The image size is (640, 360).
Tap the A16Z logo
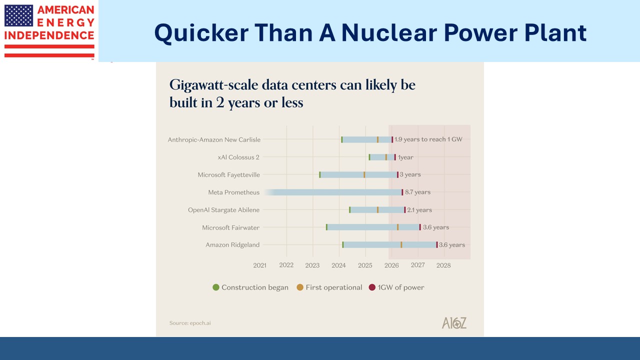(x=454, y=323)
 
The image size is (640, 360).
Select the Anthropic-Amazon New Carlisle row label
(x=214, y=140)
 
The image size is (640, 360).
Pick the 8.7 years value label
(x=417, y=192)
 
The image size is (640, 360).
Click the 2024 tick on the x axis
(x=338, y=265)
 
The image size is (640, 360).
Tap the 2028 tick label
(x=443, y=265)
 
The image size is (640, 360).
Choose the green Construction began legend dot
(x=216, y=287)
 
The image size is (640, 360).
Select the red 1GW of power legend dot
(x=371, y=287)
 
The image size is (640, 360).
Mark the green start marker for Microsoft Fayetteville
(x=320, y=175)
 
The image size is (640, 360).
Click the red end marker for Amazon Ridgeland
(x=436, y=245)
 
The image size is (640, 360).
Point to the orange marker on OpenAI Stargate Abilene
(x=377, y=210)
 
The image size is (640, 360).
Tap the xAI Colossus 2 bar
(x=381, y=157)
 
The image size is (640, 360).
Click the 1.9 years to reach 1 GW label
(x=428, y=139)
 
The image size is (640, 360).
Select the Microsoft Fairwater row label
(x=231, y=227)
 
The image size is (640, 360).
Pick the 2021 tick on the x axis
(x=260, y=265)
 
